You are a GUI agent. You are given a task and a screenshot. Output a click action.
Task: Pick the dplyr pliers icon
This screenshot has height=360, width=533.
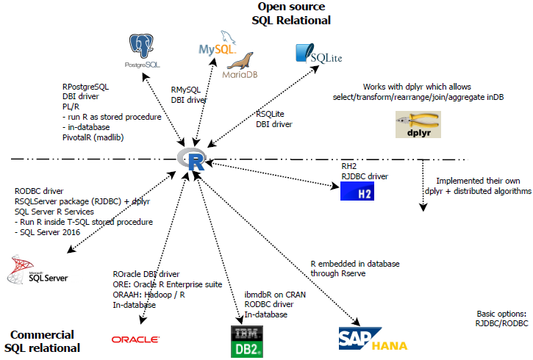(412, 125)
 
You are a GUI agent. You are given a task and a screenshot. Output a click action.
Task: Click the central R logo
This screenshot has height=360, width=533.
(194, 159)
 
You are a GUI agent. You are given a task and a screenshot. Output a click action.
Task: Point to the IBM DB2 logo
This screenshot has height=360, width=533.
(243, 340)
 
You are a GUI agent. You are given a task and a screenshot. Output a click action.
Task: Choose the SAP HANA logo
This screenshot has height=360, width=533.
(373, 339)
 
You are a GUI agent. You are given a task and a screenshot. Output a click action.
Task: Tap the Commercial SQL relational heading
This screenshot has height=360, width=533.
(43, 339)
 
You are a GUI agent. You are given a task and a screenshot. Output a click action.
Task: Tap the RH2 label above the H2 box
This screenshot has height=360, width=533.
(348, 166)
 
